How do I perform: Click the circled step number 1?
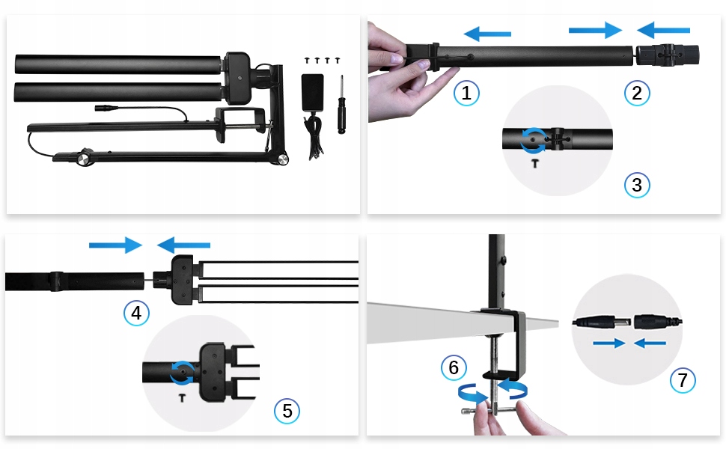(x=466, y=93)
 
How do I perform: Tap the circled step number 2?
(x=637, y=93)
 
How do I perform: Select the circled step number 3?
(x=637, y=185)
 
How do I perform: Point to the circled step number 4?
(x=136, y=313)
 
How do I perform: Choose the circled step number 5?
(x=287, y=411)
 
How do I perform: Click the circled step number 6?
(x=454, y=367)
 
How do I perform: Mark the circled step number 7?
(x=683, y=380)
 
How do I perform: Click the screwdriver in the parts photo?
(x=342, y=104)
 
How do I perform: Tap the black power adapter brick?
(x=313, y=93)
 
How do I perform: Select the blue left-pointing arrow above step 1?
(x=487, y=34)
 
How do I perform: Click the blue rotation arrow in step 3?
(x=533, y=140)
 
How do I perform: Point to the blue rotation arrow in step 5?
(x=182, y=373)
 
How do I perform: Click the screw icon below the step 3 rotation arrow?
(x=535, y=163)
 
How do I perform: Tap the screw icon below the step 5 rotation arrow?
(x=182, y=397)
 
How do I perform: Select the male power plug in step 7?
(x=602, y=322)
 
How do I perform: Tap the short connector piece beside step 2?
(x=668, y=55)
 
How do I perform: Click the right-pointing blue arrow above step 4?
(x=115, y=245)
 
